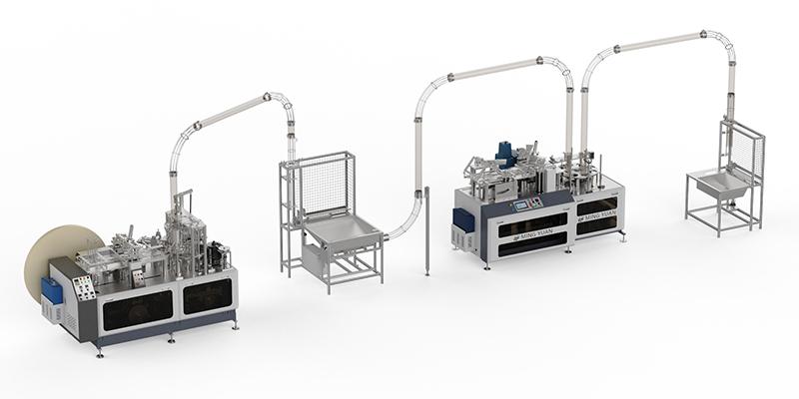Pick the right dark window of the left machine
pos(208,296)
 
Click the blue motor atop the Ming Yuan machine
pos(507,154)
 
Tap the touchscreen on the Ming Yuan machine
pos(521,203)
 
